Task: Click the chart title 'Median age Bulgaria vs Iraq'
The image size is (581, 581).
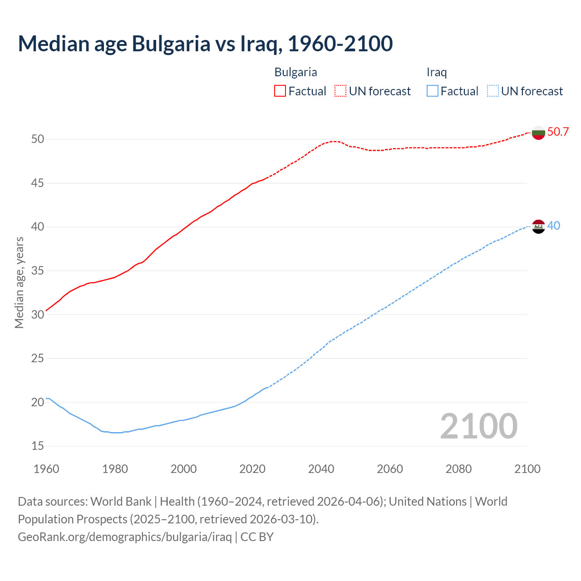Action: pyautogui.click(x=205, y=44)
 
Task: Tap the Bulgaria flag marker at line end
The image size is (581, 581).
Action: pyautogui.click(x=538, y=133)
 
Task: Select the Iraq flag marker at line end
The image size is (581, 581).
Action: pyautogui.click(x=538, y=226)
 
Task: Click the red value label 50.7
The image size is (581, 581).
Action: pyautogui.click(x=558, y=132)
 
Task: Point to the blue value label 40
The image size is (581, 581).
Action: pyautogui.click(x=553, y=226)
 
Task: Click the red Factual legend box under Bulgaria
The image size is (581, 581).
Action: pyautogui.click(x=280, y=91)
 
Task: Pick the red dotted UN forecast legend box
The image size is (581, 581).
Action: pyautogui.click(x=340, y=91)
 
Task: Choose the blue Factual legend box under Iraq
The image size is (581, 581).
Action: pyautogui.click(x=433, y=91)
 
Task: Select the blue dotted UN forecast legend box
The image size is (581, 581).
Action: pyautogui.click(x=492, y=91)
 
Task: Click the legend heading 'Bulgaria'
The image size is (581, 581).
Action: pyautogui.click(x=295, y=72)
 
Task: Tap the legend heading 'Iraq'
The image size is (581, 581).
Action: pyautogui.click(x=437, y=72)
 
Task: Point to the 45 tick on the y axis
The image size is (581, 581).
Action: pyautogui.click(x=38, y=183)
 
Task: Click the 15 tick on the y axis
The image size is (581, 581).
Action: pyautogui.click(x=38, y=446)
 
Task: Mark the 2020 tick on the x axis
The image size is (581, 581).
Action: pyautogui.click(x=252, y=469)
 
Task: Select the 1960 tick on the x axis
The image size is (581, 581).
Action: pyautogui.click(x=46, y=469)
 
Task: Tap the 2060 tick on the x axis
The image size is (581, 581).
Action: pyautogui.click(x=390, y=469)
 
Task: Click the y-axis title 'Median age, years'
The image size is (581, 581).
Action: pyautogui.click(x=19, y=282)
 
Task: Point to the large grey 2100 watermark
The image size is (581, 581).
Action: pyautogui.click(x=478, y=426)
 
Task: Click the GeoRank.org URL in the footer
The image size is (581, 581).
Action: pyautogui.click(x=125, y=537)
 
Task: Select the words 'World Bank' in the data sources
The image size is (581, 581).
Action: pyautogui.click(x=121, y=502)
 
